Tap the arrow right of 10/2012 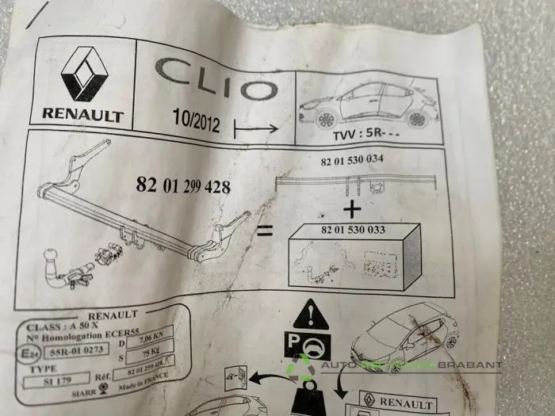tap(256, 126)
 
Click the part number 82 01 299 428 tap(183, 186)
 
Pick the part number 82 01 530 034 tap(352, 159)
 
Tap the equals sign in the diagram tap(266, 231)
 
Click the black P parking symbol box tap(309, 347)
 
